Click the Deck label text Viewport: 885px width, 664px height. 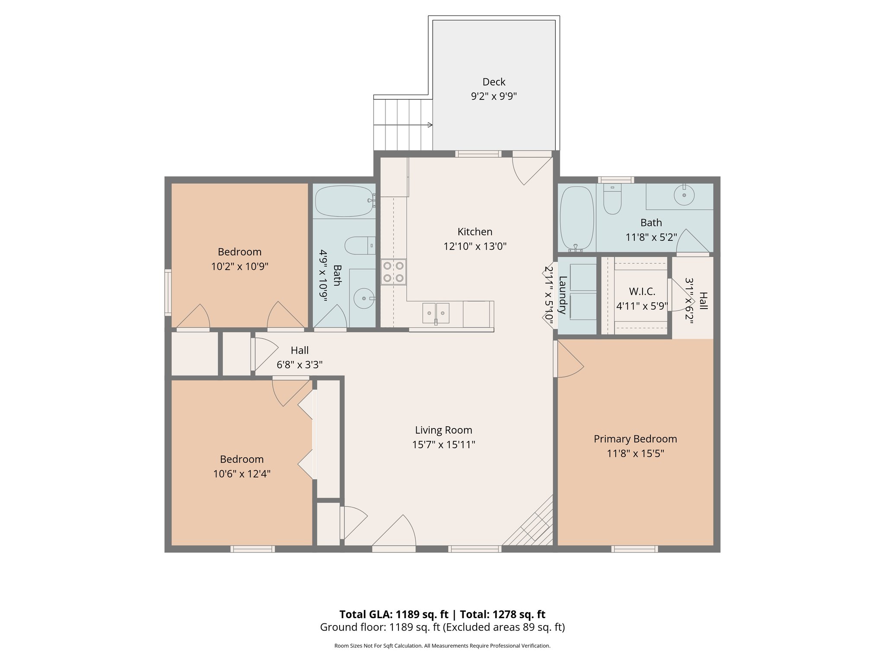click(x=493, y=82)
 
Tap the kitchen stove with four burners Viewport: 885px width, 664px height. click(x=393, y=272)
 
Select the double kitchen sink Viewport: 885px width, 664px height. click(x=436, y=313)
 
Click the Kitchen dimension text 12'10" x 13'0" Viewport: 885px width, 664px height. click(x=474, y=246)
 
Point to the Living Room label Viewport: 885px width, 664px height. click(x=443, y=430)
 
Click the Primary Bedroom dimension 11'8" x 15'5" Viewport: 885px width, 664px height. click(x=635, y=453)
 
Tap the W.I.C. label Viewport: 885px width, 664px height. click(x=642, y=292)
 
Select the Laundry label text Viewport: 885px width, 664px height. click(x=563, y=295)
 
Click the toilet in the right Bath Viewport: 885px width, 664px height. click(x=612, y=200)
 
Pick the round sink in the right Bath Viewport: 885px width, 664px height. click(x=684, y=195)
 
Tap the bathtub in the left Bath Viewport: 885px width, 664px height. click(x=344, y=201)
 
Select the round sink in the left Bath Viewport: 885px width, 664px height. click(x=364, y=298)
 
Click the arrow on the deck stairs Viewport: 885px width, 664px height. click(x=430, y=125)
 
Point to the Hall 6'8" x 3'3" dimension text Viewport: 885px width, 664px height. click(x=299, y=365)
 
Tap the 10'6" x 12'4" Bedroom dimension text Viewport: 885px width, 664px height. click(x=242, y=474)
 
